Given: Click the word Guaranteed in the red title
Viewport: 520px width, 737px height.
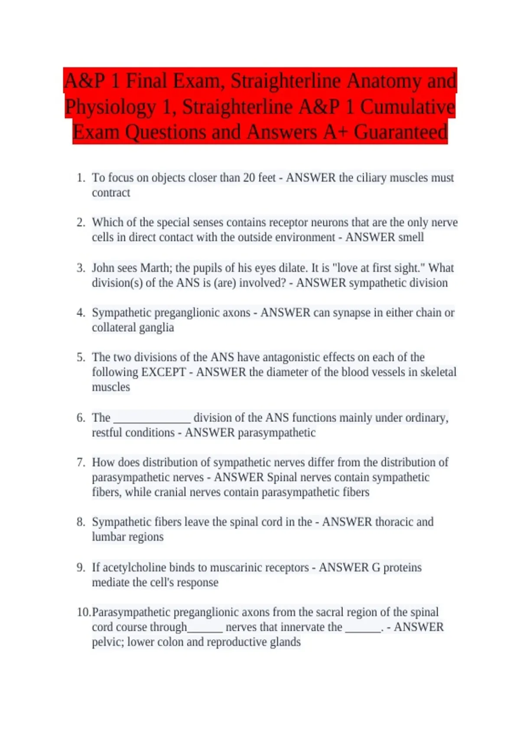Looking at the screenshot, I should click(400, 132).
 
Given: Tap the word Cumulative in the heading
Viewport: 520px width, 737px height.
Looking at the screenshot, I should click(407, 107).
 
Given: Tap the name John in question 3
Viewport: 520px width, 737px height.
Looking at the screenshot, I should click(103, 268).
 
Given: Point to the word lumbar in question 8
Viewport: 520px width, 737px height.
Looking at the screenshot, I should click(107, 537).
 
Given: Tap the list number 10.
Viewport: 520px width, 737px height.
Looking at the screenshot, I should click(84, 612).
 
